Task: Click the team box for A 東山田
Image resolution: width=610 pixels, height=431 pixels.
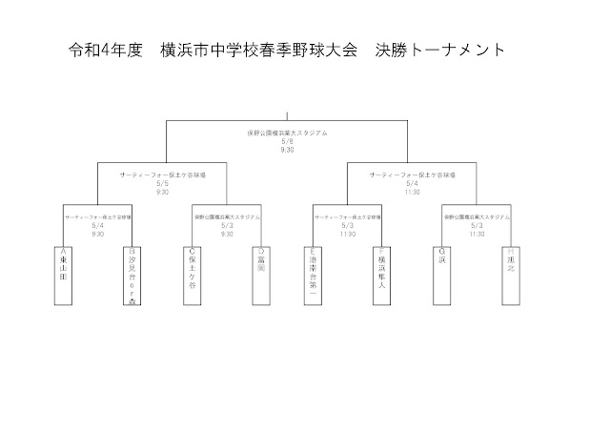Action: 65,275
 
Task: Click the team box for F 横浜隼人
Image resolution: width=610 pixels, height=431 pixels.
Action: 382,275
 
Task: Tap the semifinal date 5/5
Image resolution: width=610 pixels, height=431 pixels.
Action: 162,184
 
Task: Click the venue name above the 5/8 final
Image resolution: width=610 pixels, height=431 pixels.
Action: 287,133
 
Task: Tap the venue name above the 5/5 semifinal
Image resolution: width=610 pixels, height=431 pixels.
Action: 162,175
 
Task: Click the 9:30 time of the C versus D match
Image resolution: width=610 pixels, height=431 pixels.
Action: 226,234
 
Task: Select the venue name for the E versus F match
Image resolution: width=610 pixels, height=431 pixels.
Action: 349,217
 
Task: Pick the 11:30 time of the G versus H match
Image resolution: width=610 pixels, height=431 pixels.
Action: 477,234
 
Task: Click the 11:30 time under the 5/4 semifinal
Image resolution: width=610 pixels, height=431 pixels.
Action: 412,192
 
